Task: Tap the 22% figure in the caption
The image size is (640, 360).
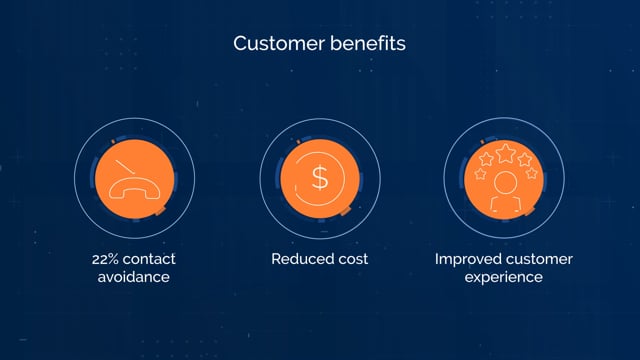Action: pos(104,259)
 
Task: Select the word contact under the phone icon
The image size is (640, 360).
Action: pos(149,259)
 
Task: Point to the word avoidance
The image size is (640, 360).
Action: pos(133,277)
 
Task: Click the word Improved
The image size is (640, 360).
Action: pos(468,260)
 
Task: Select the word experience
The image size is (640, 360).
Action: pos(504,278)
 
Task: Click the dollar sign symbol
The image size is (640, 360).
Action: pos(320,178)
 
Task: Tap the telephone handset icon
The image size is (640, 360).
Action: pos(134,189)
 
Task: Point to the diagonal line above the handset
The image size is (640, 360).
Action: pos(125,167)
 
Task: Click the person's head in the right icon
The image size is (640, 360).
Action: pos(505,182)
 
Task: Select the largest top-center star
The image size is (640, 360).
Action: pos(505,153)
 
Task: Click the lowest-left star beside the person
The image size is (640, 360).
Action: pos(480,174)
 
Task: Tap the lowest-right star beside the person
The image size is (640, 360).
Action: pos(531,173)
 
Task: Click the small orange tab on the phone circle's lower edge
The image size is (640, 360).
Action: pos(159,211)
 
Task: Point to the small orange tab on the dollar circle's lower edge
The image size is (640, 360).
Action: pos(345,211)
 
